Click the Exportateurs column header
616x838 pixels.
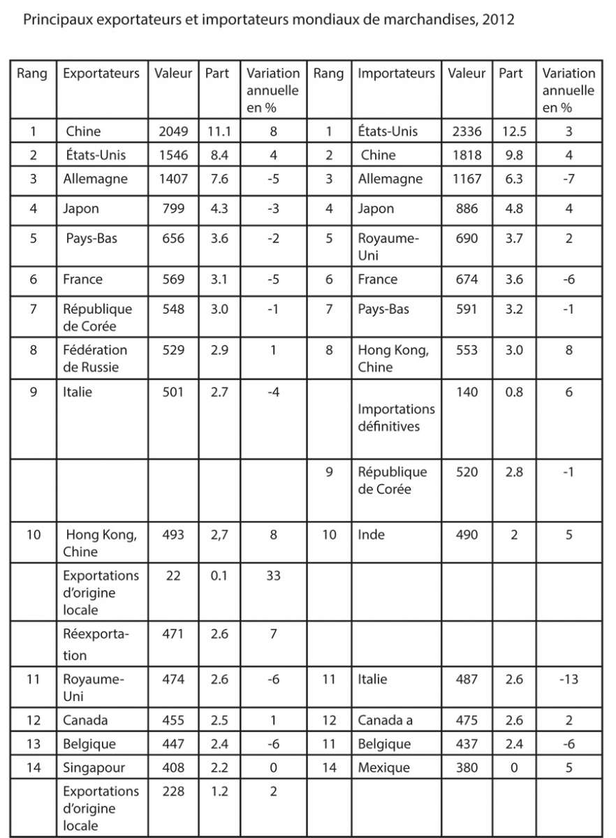coord(101,73)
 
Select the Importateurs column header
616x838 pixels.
coord(396,73)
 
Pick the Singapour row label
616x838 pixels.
coord(94,767)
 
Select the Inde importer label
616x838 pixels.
coord(372,535)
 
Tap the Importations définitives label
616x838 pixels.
coord(396,417)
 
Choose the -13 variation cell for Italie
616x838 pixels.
coord(569,679)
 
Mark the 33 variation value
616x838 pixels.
coord(272,575)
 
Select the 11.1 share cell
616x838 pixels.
coord(218,131)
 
